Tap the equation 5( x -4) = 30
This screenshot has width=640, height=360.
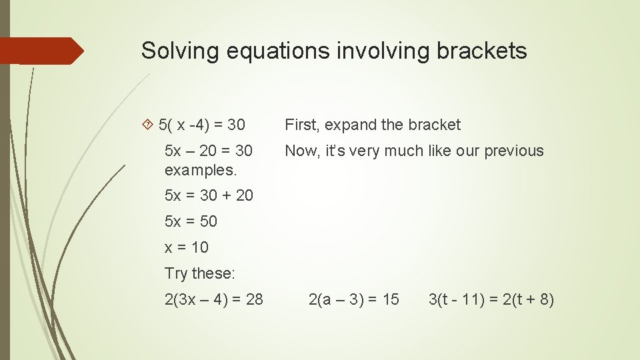202,125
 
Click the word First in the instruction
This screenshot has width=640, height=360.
300,125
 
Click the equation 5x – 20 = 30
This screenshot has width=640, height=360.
208,151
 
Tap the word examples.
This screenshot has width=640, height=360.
200,170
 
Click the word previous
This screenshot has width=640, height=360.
514,151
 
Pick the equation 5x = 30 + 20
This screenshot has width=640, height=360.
209,195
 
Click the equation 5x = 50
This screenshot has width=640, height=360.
191,221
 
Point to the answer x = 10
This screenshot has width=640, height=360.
186,247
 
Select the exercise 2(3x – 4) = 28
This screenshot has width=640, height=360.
213,299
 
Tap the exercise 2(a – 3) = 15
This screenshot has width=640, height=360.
353,299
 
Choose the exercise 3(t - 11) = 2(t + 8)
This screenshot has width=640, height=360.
491,299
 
